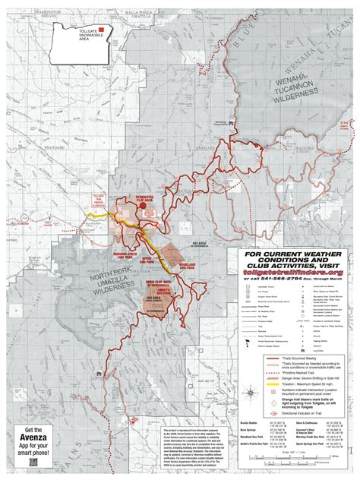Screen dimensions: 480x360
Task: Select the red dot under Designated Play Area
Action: click(x=142, y=215)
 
